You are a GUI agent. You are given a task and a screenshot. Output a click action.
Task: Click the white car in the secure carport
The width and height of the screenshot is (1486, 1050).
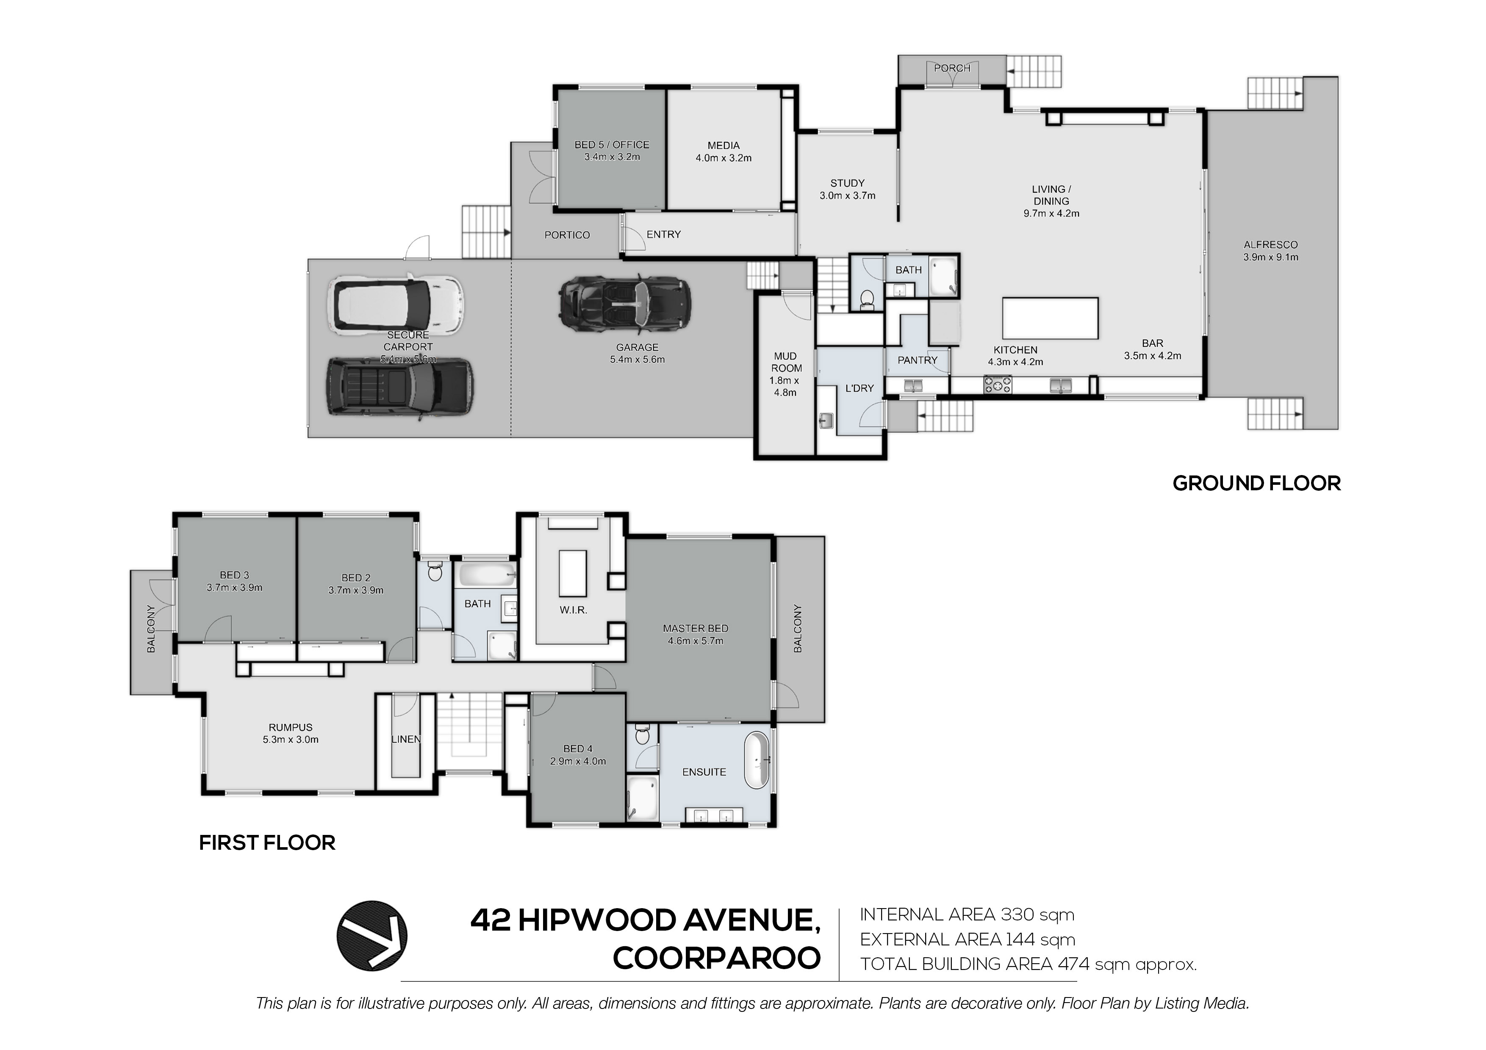click(x=396, y=305)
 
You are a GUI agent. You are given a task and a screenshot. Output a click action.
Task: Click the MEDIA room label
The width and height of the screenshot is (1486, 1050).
click(x=724, y=146)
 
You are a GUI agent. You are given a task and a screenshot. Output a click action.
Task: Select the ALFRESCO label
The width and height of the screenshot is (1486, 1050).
click(x=1270, y=245)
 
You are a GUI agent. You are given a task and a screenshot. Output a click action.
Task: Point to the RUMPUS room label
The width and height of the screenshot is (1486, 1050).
click(x=291, y=727)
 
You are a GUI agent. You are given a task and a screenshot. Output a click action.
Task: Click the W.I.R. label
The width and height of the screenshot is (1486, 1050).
click(x=574, y=610)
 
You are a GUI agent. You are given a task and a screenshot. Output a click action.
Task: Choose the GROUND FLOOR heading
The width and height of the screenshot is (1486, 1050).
click(x=1256, y=483)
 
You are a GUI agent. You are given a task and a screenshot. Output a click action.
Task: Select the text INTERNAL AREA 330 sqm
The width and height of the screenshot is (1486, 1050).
click(x=967, y=915)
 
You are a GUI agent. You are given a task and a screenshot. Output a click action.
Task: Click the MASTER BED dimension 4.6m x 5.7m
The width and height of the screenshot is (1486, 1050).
click(x=696, y=641)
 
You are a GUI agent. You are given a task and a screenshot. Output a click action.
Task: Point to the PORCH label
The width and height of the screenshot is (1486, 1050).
click(x=952, y=68)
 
